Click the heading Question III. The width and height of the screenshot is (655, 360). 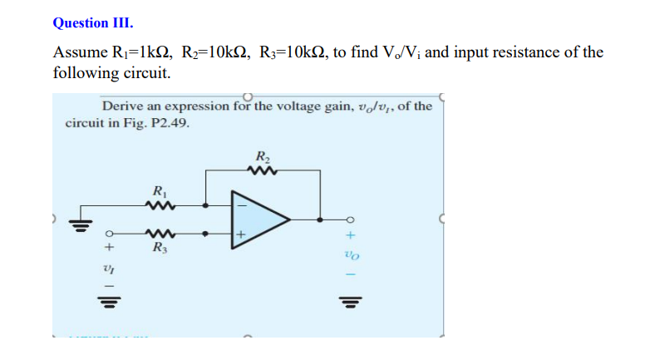click(92, 23)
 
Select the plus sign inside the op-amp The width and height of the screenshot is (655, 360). click(242, 236)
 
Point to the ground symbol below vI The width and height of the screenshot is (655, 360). click(107, 300)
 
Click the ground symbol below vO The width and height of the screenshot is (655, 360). click(347, 300)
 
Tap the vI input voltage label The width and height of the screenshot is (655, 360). click(107, 267)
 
